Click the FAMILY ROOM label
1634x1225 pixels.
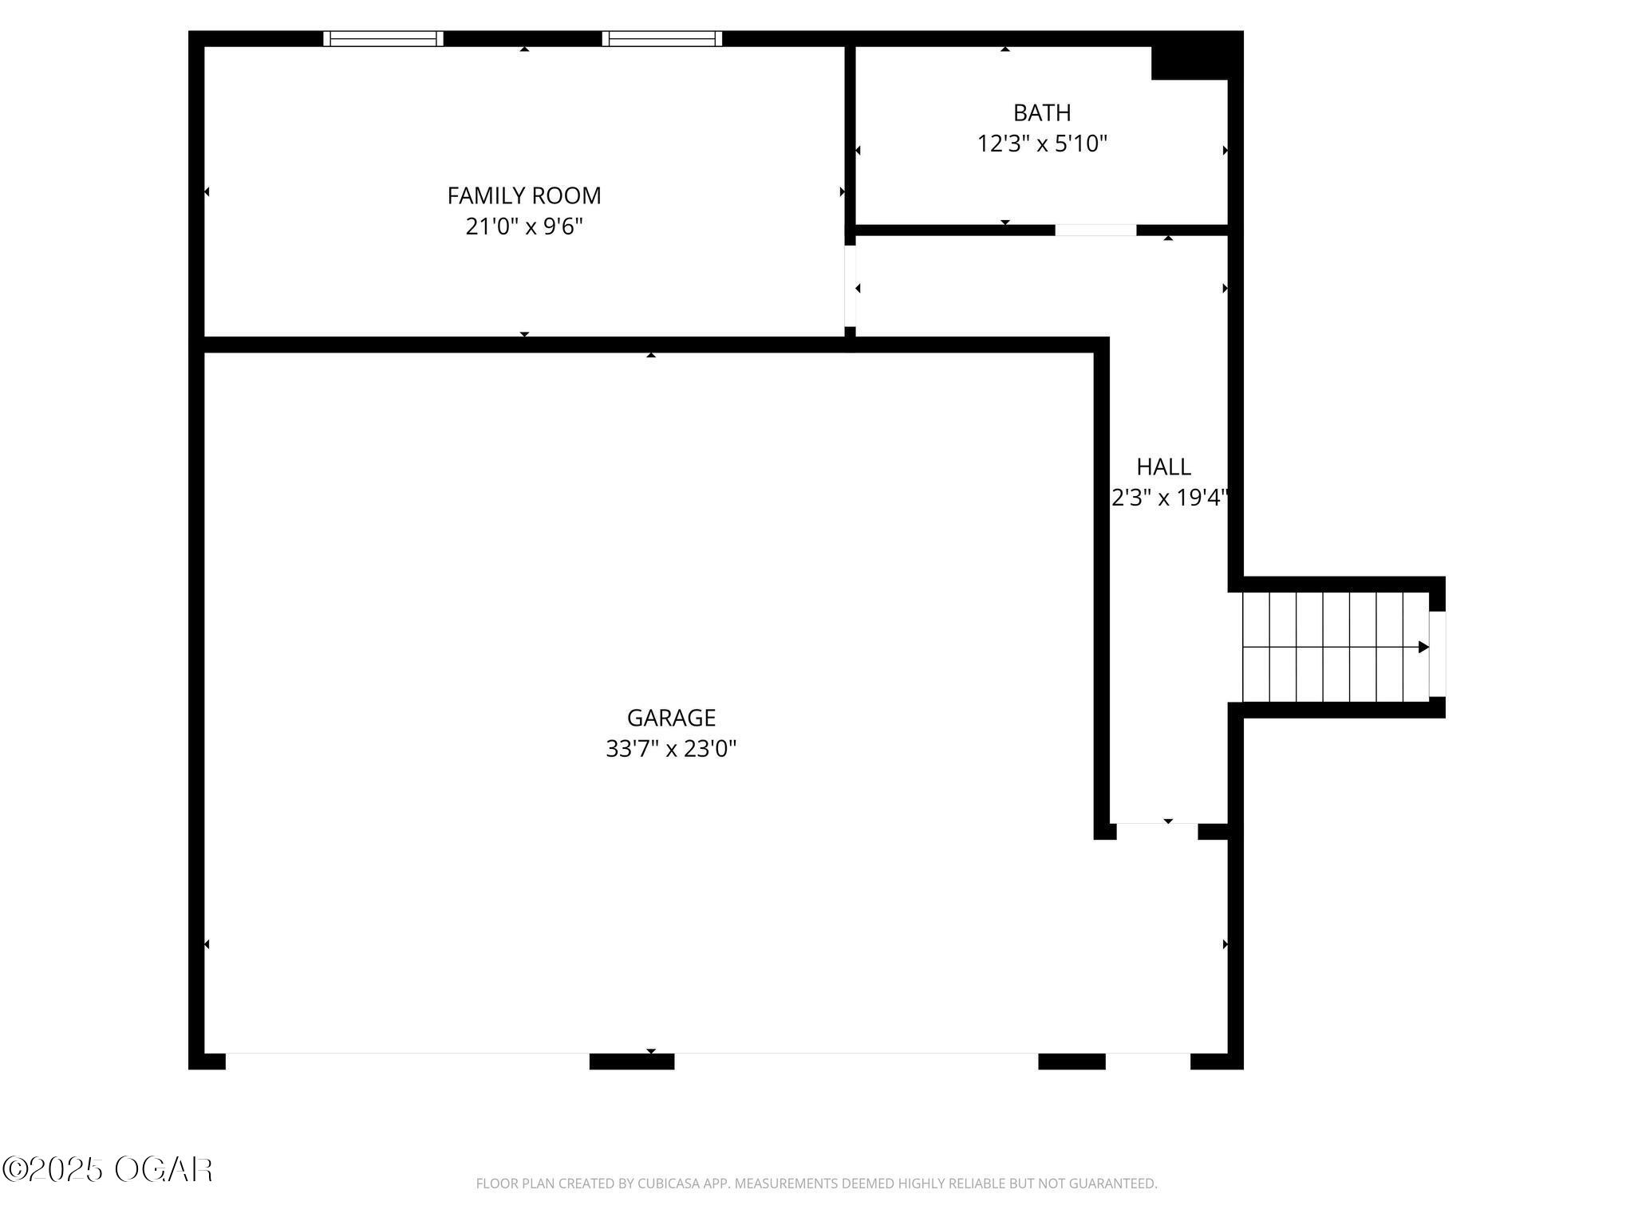(523, 195)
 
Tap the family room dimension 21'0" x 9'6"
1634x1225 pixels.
(523, 226)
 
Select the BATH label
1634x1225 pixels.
(1041, 112)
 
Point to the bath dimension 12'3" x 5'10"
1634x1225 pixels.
(1042, 144)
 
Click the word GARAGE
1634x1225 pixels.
(670, 718)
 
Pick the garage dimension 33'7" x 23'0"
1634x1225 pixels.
(670, 749)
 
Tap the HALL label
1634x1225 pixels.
(1163, 467)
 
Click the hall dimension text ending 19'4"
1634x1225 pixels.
(1169, 498)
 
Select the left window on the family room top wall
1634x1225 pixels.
(383, 38)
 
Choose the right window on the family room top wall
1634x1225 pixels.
(661, 38)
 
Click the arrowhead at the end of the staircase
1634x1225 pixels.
(1423, 647)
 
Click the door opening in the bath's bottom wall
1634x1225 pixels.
(1095, 230)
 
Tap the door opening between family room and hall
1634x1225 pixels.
(850, 286)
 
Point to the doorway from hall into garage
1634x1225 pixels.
(1157, 830)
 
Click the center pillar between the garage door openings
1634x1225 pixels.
(631, 1062)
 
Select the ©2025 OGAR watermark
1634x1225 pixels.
(107, 1170)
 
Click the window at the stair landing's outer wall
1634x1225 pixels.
(1437, 654)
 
